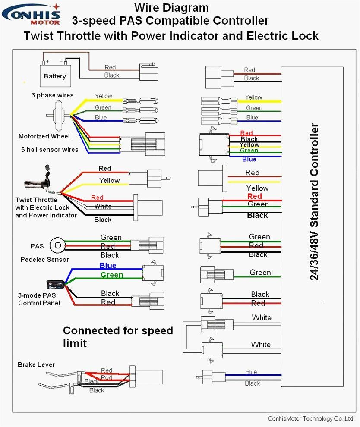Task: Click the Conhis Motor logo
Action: pyautogui.click(x=31, y=14)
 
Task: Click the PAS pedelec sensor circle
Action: pyautogui.click(x=57, y=246)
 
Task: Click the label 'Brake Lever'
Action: pyautogui.click(x=36, y=365)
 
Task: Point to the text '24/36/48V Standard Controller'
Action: pyautogui.click(x=315, y=202)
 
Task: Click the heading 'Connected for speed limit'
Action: pyautogui.click(x=117, y=337)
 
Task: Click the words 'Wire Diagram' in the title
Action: pyautogui.click(x=171, y=7)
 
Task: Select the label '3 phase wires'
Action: pyautogui.click(x=52, y=95)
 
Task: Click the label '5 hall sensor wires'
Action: pyautogui.click(x=50, y=150)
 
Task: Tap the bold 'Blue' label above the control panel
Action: pyautogui.click(x=108, y=266)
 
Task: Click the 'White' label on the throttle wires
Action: pyautogui.click(x=103, y=207)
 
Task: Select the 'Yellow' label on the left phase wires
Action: pyautogui.click(x=104, y=96)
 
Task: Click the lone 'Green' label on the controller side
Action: pyautogui.click(x=260, y=273)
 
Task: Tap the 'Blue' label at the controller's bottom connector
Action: pyautogui.click(x=251, y=372)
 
